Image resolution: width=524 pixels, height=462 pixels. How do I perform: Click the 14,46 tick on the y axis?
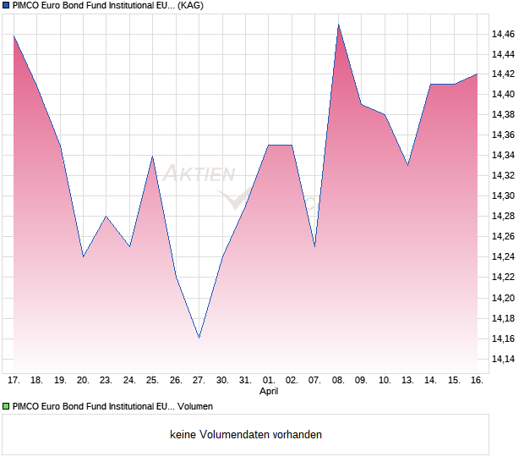click(x=503, y=34)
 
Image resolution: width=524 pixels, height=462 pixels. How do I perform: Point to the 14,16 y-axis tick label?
click(x=503, y=338)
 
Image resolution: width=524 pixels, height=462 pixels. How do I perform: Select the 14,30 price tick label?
click(x=503, y=196)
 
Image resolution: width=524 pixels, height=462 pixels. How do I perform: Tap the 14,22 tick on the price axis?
click(x=503, y=278)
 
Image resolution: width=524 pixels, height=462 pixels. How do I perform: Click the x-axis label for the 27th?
click(x=199, y=380)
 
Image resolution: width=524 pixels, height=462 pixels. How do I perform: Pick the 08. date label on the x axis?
click(x=338, y=380)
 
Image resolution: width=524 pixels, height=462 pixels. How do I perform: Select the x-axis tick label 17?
click(x=14, y=380)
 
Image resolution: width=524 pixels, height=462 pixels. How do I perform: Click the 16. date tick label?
click(x=477, y=380)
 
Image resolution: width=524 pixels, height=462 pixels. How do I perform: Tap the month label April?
click(x=269, y=392)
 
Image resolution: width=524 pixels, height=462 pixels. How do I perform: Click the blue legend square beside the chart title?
click(x=6, y=6)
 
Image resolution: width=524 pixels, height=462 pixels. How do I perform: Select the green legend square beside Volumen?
click(x=6, y=406)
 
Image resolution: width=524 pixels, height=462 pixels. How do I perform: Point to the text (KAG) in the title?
click(x=190, y=6)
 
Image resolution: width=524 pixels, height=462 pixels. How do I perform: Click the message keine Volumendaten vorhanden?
click(x=246, y=435)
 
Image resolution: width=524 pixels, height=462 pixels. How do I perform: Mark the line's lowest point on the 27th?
click(x=199, y=338)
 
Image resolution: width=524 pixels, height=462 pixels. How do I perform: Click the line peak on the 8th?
click(x=338, y=25)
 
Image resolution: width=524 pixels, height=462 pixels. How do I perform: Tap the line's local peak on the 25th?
click(x=152, y=156)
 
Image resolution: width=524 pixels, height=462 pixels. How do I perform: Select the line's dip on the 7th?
click(x=314, y=246)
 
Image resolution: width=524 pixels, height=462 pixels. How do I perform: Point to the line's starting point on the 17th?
click(x=14, y=36)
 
